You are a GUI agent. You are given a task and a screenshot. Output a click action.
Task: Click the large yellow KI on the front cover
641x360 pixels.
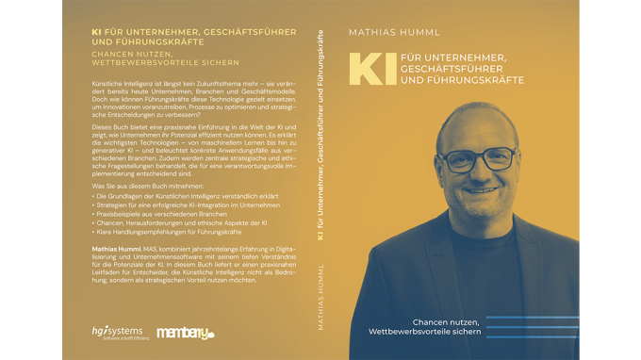pos(365,70)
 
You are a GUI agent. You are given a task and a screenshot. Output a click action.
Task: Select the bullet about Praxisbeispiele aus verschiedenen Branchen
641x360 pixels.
pos(152,213)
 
